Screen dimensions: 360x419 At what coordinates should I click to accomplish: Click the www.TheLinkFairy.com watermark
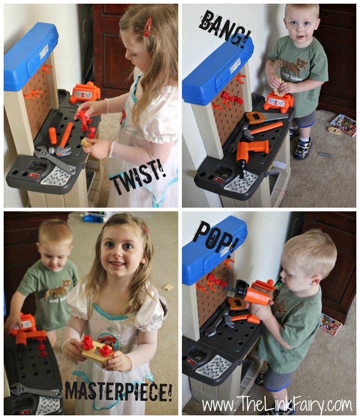277,405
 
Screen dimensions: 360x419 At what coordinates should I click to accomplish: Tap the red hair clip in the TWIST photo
147,27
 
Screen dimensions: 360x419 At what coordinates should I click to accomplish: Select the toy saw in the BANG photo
265,117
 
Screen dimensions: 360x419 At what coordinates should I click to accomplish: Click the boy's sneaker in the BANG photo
303,148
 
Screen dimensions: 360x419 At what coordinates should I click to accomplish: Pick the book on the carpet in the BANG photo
343,125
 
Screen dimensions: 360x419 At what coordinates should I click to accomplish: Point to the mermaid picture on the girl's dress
109,341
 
